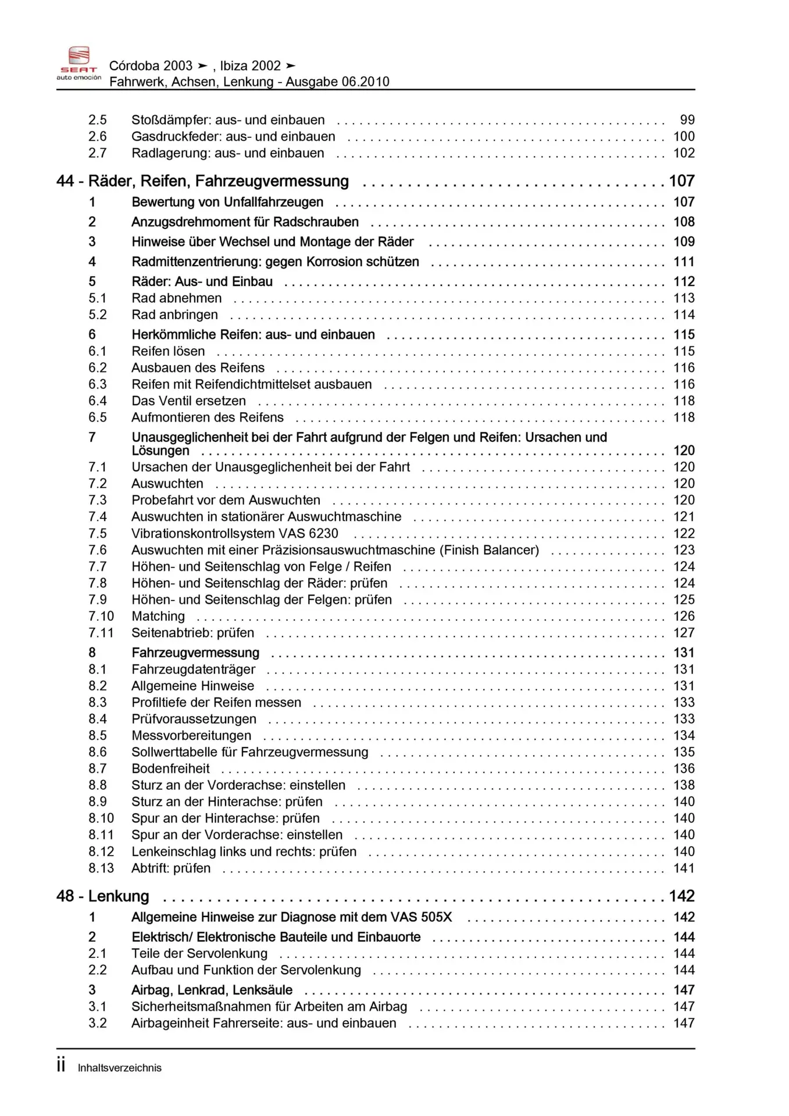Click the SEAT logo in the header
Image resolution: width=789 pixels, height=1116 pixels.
pos(78,63)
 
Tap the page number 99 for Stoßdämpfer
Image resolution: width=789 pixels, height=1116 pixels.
pos(687,120)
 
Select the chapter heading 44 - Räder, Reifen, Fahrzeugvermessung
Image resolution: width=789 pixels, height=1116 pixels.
pos(202,181)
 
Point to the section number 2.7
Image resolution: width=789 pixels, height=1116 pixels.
pos(97,153)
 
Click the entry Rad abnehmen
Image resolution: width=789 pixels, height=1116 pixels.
pos(176,298)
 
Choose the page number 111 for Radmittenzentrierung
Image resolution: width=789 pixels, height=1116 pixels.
pos(684,262)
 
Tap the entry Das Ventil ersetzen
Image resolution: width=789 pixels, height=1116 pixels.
pos(188,401)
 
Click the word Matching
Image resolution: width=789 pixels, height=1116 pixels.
pos(158,616)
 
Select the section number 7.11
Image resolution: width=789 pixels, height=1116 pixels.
pos(101,633)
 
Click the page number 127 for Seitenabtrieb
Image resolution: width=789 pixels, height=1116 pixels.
pos(684,633)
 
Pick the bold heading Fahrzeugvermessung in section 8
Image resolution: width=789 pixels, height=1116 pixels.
pos(195,653)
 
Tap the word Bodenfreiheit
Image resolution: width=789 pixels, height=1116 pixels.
pos(170,768)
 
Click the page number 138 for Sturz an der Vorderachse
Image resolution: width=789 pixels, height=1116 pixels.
pos(684,785)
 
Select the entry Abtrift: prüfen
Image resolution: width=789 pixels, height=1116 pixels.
pos(171,868)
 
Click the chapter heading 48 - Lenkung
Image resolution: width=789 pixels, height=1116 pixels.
pos(103,896)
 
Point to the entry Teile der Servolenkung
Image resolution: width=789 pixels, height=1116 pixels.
pos(199,954)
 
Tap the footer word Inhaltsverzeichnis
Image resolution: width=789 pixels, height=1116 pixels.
pos(119,1068)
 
